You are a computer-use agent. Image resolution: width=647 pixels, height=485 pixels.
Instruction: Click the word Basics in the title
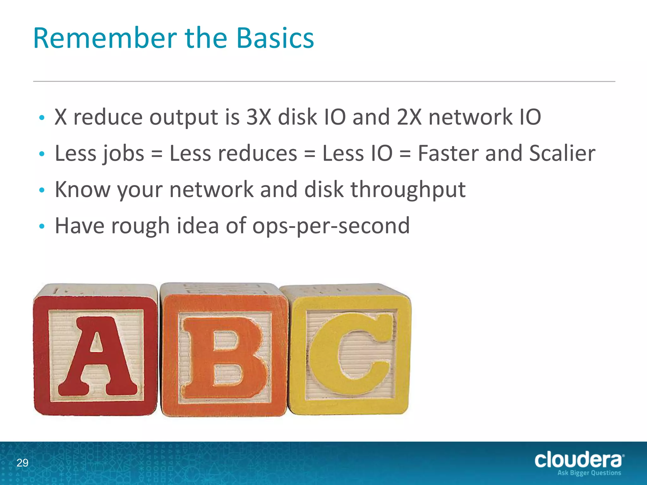tap(275, 38)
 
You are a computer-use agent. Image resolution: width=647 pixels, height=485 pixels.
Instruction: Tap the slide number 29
tap(22, 463)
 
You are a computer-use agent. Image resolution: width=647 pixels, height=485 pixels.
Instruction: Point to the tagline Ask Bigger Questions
tap(589, 473)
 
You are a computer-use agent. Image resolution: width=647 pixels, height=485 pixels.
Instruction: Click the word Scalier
tap(562, 153)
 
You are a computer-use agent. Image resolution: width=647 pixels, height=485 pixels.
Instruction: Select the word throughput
tap(408, 190)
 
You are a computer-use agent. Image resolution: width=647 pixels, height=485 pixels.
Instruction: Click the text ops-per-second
tap(331, 226)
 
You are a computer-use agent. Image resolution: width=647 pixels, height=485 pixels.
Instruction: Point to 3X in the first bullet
tap(258, 117)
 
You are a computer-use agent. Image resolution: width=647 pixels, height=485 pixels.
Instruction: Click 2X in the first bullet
tap(409, 117)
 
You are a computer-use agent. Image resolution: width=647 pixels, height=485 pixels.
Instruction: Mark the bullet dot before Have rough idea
tap(42, 226)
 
